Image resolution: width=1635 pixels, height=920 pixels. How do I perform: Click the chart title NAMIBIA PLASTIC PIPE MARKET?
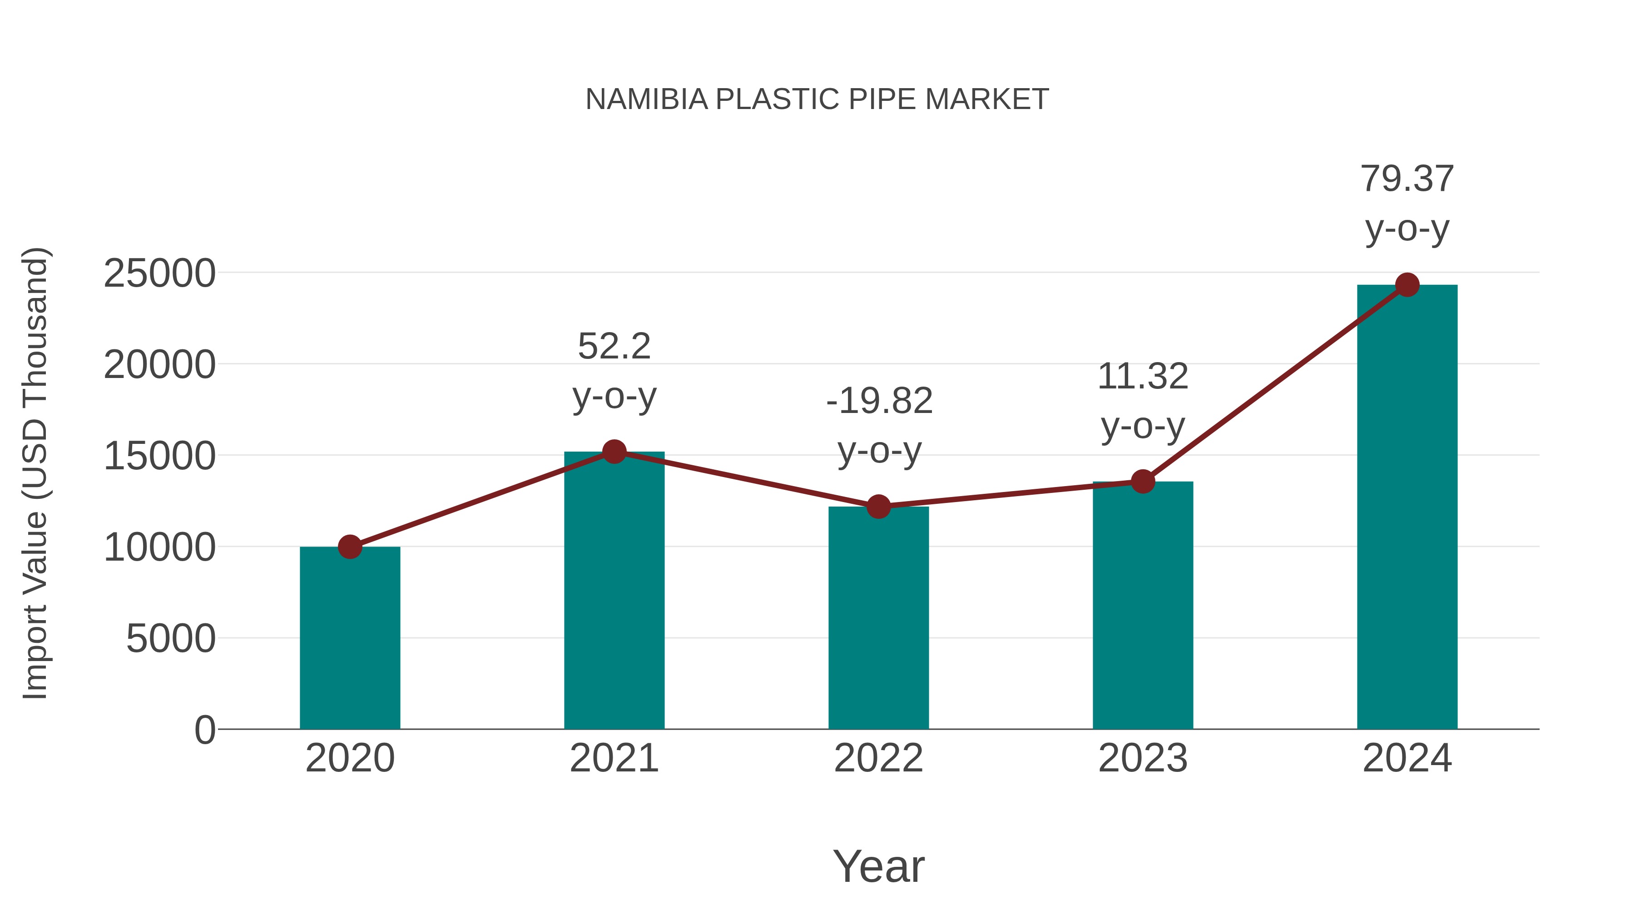(817, 99)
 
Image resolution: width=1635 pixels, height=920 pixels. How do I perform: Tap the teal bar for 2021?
(614, 591)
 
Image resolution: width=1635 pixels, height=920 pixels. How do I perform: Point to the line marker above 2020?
(350, 547)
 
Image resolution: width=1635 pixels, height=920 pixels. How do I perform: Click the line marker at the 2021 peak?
(614, 452)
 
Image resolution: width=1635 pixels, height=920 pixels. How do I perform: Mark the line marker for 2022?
(878, 507)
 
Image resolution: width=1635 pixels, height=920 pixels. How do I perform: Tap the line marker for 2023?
(1143, 482)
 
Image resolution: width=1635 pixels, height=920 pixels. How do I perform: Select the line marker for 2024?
(1407, 285)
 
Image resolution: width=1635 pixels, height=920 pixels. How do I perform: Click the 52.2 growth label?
(614, 347)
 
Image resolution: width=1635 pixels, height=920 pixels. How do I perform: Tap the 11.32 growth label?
(1143, 377)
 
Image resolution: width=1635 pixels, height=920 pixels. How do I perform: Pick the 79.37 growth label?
(1407, 179)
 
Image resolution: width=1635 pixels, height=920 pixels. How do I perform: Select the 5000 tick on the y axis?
(171, 639)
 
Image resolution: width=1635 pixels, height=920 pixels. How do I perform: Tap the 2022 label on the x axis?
(878, 758)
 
